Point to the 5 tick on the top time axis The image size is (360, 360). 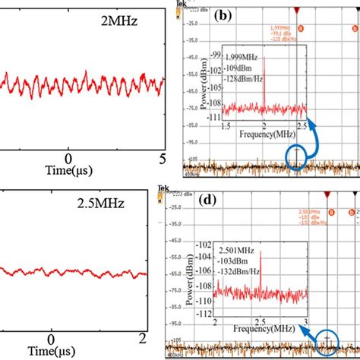[x=162, y=157]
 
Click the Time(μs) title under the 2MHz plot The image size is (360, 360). [x=69, y=172]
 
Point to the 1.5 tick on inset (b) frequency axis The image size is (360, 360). [x=225, y=124]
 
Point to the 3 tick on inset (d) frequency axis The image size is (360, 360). [x=306, y=323]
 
